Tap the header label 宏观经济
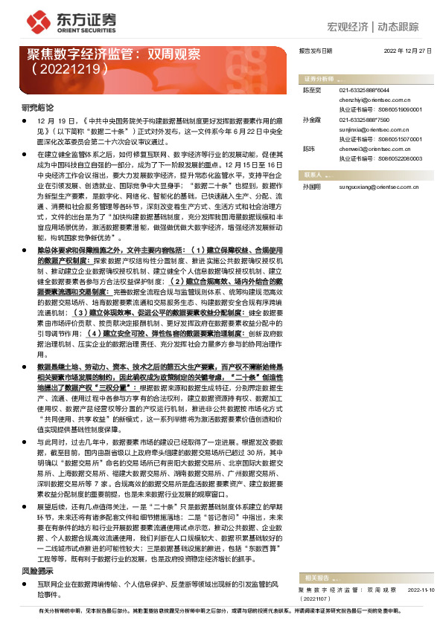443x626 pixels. click(351, 28)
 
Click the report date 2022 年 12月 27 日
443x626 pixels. click(408, 52)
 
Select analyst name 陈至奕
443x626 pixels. click(310, 89)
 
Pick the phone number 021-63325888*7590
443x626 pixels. click(370, 119)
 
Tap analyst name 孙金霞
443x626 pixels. click(310, 119)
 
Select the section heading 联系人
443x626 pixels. click(312, 173)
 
